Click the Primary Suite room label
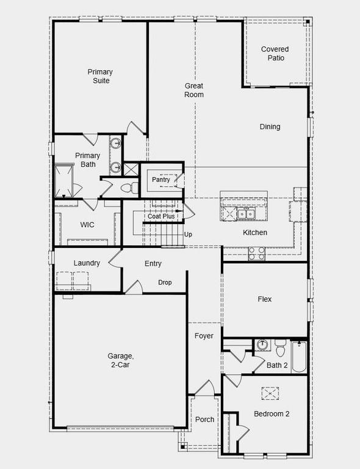[99, 76]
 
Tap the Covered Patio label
[275, 54]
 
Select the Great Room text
[194, 90]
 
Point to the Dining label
[270, 127]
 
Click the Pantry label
[162, 180]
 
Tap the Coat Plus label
[161, 216]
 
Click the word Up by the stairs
[188, 234]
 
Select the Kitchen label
[255, 233]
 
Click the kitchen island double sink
[247, 213]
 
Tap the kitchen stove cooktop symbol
[256, 253]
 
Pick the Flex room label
[264, 299]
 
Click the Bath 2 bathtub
[299, 357]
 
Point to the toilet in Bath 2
[280, 348]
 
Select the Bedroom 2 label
[272, 413]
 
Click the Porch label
[204, 420]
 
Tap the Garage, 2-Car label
[120, 360]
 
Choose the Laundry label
[87, 263]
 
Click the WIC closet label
[87, 225]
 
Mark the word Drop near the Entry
[165, 283]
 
